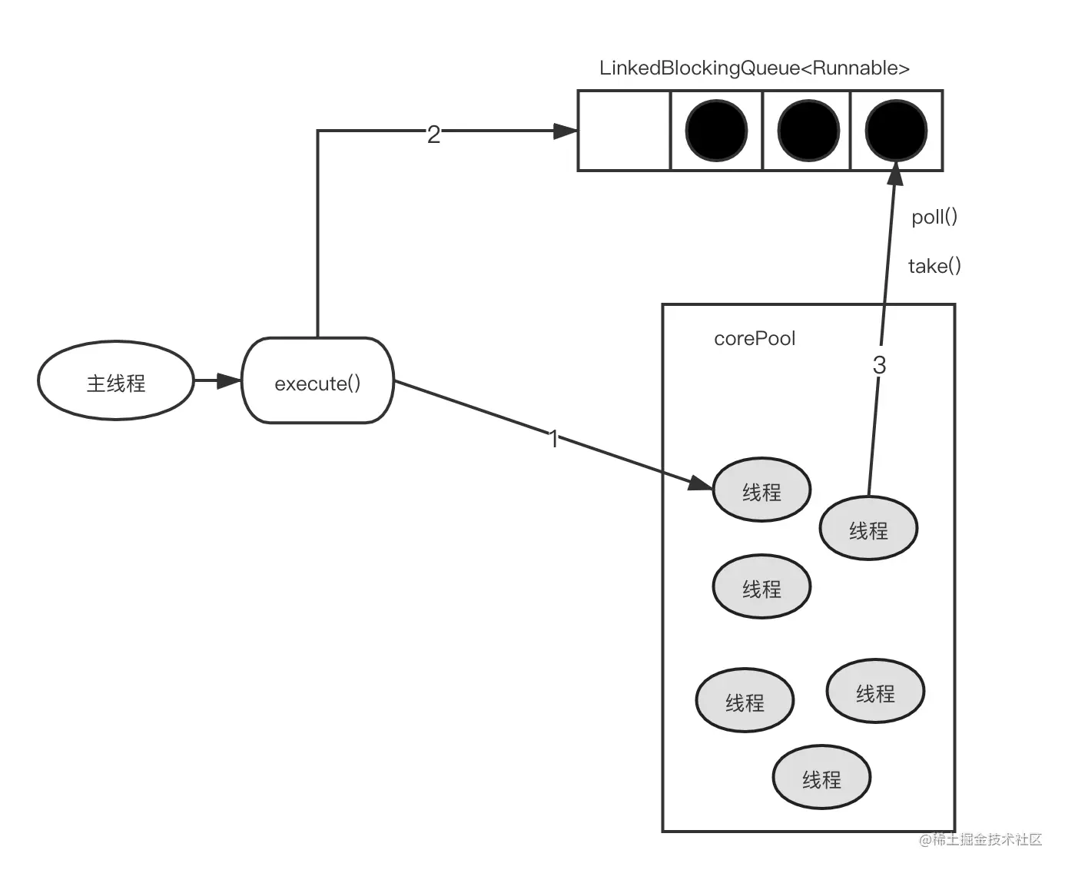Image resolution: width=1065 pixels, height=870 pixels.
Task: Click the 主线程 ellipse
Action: click(116, 382)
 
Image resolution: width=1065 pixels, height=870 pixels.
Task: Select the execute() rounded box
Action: click(317, 382)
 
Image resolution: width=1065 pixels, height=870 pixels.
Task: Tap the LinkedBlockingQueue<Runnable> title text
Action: click(754, 68)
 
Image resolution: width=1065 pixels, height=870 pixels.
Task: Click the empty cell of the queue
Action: click(624, 131)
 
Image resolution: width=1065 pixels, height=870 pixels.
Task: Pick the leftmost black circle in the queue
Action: click(715, 131)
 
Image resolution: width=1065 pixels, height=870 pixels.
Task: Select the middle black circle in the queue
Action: click(808, 131)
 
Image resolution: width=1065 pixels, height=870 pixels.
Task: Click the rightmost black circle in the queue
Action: click(896, 131)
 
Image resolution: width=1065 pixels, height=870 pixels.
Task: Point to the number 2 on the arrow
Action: click(433, 134)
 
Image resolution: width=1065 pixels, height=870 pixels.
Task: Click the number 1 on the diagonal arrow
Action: click(553, 439)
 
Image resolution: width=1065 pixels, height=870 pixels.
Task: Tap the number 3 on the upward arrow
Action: click(879, 365)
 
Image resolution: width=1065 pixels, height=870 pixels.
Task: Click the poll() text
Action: click(934, 217)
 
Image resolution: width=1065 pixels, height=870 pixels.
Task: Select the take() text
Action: click(934, 267)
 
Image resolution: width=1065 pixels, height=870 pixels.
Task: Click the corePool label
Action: click(754, 339)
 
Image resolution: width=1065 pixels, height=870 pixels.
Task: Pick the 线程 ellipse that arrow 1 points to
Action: click(761, 491)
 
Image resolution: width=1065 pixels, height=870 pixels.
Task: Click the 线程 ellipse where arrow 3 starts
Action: click(868, 530)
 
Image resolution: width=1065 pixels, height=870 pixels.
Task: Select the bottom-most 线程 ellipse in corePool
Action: click(821, 779)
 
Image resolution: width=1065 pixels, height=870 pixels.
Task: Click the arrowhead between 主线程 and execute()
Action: click(229, 381)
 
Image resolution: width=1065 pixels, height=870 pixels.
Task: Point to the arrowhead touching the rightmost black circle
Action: click(894, 174)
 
